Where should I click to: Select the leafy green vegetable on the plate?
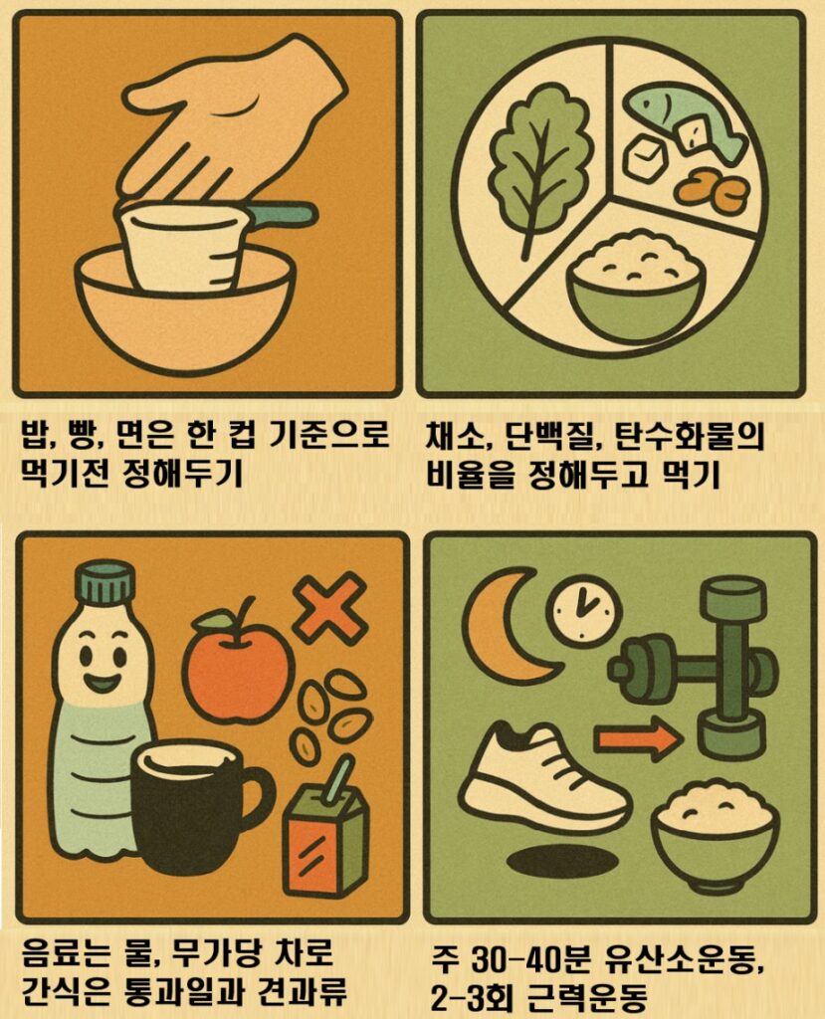538,164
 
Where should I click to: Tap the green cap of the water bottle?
103,581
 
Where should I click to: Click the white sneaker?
541,781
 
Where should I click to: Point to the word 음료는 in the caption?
70,956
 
